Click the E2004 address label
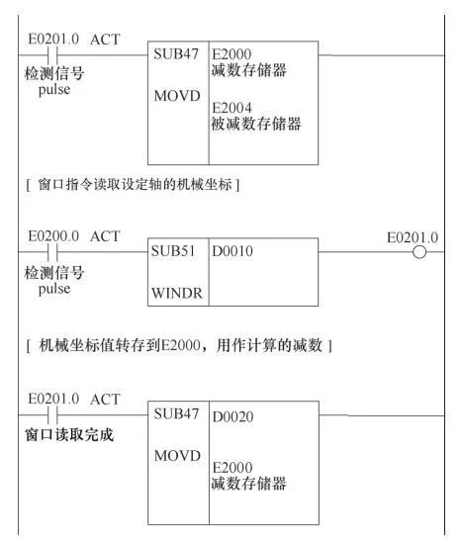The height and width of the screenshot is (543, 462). (x=231, y=108)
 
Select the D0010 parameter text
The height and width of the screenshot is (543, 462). (x=232, y=251)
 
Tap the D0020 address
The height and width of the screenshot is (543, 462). (x=232, y=416)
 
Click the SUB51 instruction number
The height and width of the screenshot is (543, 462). (x=173, y=251)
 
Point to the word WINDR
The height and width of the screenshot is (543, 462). (x=177, y=294)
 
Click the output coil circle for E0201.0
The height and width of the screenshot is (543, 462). (x=419, y=252)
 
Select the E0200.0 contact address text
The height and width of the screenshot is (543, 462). (x=53, y=236)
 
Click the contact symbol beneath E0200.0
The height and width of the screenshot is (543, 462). (x=52, y=252)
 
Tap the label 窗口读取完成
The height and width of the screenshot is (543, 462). (x=69, y=435)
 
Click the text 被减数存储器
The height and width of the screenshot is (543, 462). (x=256, y=124)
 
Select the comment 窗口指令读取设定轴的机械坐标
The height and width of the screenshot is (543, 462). (x=135, y=184)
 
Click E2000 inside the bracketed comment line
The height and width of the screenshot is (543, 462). (x=181, y=345)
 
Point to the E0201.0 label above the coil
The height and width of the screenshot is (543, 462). (x=413, y=237)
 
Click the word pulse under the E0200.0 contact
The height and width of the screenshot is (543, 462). (x=54, y=289)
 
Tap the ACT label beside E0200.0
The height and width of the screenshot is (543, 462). (x=105, y=236)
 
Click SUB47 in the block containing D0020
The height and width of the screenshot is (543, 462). (x=176, y=413)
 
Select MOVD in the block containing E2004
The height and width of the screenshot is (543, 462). (x=177, y=96)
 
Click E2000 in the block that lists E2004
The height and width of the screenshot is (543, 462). (x=231, y=54)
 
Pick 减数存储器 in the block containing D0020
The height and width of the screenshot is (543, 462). (x=248, y=484)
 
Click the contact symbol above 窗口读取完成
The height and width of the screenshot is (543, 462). (x=52, y=415)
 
